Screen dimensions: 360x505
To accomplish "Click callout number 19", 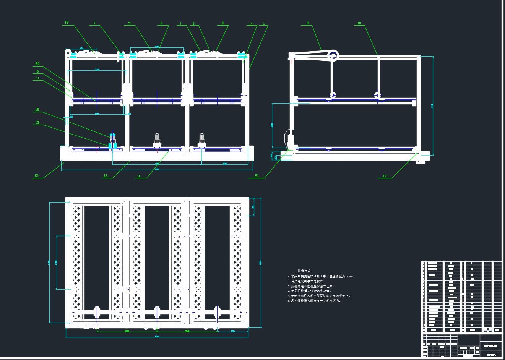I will (67, 23).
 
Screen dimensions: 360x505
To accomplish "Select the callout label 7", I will (94, 23).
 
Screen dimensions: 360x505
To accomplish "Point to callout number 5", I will (129, 23).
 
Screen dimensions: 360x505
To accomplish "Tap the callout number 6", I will (161, 23).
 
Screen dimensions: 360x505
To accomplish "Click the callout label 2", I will (223, 23).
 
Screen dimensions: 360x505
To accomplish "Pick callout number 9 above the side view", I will (308, 23).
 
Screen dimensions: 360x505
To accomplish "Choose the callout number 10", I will (359, 23).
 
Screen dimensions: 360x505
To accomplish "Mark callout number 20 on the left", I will (37, 64).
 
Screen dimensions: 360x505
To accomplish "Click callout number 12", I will (37, 110).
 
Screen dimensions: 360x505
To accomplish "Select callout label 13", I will (37, 123).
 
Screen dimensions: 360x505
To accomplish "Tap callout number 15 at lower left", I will (36, 176).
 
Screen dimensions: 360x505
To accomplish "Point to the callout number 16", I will (106, 176).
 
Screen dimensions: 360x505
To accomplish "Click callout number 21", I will (256, 176).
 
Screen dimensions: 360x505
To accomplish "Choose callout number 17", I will (385, 176).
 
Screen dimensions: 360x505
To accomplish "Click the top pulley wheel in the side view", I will (333, 56).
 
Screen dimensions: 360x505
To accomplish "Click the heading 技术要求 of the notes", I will (304, 271).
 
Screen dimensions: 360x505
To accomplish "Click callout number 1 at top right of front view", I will (264, 24).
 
